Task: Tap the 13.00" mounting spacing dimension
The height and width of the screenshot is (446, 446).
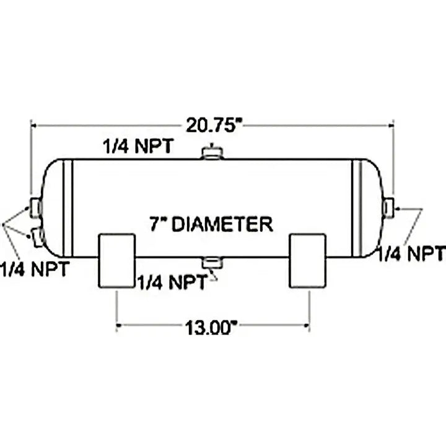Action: (211, 328)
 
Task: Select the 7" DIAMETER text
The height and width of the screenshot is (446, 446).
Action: (211, 224)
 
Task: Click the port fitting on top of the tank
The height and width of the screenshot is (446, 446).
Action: (212, 152)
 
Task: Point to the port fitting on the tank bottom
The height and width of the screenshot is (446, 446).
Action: (212, 262)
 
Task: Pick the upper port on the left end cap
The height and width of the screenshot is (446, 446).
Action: (36, 208)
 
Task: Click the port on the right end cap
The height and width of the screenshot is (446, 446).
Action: (388, 208)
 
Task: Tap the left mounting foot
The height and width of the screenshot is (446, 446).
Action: (116, 261)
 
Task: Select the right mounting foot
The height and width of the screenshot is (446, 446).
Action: (307, 261)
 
